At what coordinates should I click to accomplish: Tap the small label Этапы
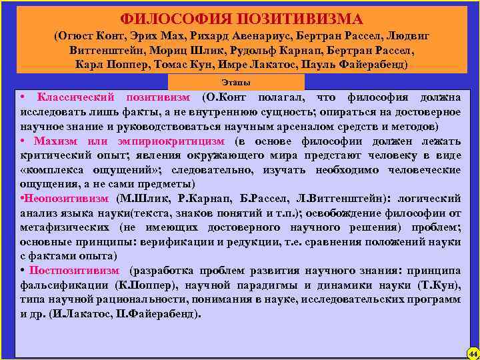coord(237,82)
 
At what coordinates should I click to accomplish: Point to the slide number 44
coord(472,352)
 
